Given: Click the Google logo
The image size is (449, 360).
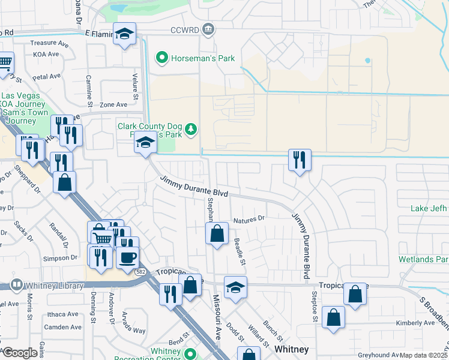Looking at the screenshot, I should pos(19,353).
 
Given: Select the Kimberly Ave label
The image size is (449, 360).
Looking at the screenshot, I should pos(415,323).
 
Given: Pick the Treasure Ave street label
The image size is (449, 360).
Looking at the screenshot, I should pos(50,43).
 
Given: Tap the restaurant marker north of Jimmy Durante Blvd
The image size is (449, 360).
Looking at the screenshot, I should pos(299,160).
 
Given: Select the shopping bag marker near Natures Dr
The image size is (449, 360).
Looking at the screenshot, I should pos(217,233).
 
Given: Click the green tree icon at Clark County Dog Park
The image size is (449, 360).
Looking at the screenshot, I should pos(191,129).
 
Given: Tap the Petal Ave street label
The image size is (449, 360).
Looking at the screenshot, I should pos(47,77).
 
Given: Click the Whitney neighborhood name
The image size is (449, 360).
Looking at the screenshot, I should pos(291,349).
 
